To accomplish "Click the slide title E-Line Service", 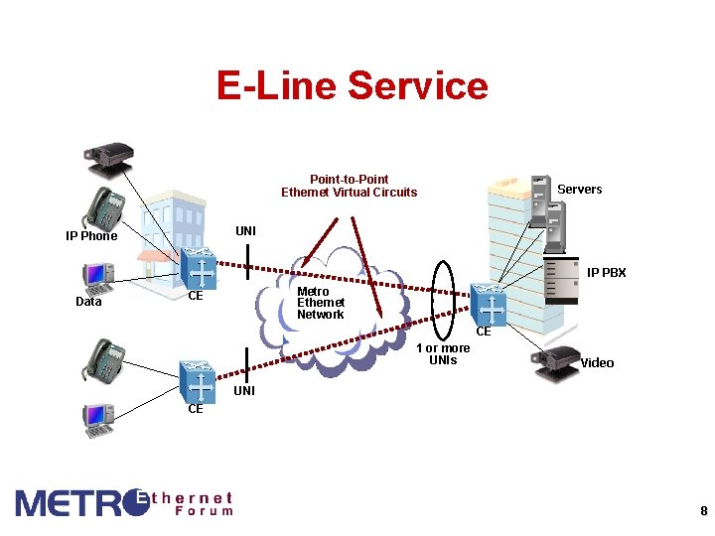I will pos(353,86).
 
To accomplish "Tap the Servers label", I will pos(579,190).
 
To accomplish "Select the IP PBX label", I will pos(606,272).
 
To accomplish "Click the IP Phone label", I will pos(91,236).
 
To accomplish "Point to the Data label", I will pos(88,302).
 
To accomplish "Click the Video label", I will pos(597,363).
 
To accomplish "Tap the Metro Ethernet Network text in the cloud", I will pos(321,303).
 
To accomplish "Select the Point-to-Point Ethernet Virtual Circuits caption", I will pos(349,186).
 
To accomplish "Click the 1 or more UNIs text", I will pos(443,354).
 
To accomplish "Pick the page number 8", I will pos(703,512).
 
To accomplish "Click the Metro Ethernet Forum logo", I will pos(124,503).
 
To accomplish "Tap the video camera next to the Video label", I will pos(558,364).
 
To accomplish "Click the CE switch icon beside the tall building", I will pos(490,304).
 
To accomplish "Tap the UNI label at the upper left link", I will pos(245,231).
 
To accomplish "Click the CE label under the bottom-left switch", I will pos(196,409).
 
